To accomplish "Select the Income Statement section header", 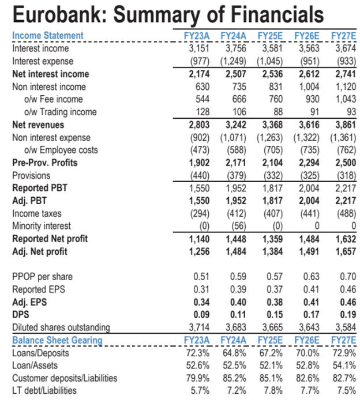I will (x=48, y=36).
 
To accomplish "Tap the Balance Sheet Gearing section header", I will (x=57, y=340).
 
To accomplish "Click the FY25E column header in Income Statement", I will (x=271, y=36).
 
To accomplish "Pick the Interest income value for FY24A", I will (x=234, y=48).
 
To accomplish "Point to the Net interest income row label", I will (x=51, y=74).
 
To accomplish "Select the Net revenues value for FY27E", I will (x=343, y=125).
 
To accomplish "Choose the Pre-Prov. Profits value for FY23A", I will (x=199, y=163).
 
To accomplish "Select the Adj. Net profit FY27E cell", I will (x=343, y=251).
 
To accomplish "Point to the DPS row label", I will (x=21, y=314).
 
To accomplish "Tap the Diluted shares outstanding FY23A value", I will (x=199, y=327).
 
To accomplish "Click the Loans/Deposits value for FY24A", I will (x=234, y=352).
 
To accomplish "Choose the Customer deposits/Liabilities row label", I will (x=65, y=378).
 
